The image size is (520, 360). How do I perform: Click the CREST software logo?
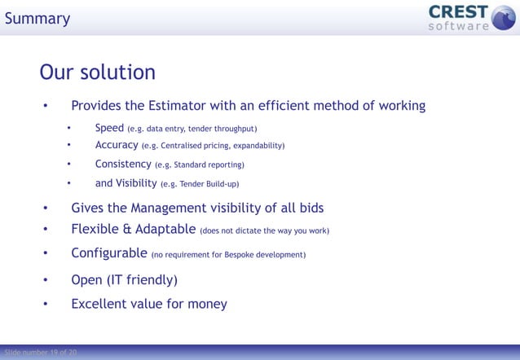click(461, 17)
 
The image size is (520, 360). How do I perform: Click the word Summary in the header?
click(37, 18)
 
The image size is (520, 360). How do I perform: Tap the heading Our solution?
click(97, 72)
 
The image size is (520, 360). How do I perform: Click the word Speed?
click(109, 128)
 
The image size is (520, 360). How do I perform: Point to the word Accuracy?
click(116, 145)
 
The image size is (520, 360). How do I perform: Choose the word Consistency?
click(122, 164)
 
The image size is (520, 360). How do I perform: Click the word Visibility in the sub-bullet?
click(136, 183)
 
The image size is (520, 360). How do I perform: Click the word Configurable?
click(109, 253)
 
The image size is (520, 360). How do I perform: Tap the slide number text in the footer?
click(41, 353)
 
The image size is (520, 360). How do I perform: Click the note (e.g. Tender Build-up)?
click(200, 184)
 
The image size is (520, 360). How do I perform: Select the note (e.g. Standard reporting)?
click(200, 165)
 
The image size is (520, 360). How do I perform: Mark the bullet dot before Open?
click(46, 281)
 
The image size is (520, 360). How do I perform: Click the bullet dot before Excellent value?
click(46, 305)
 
